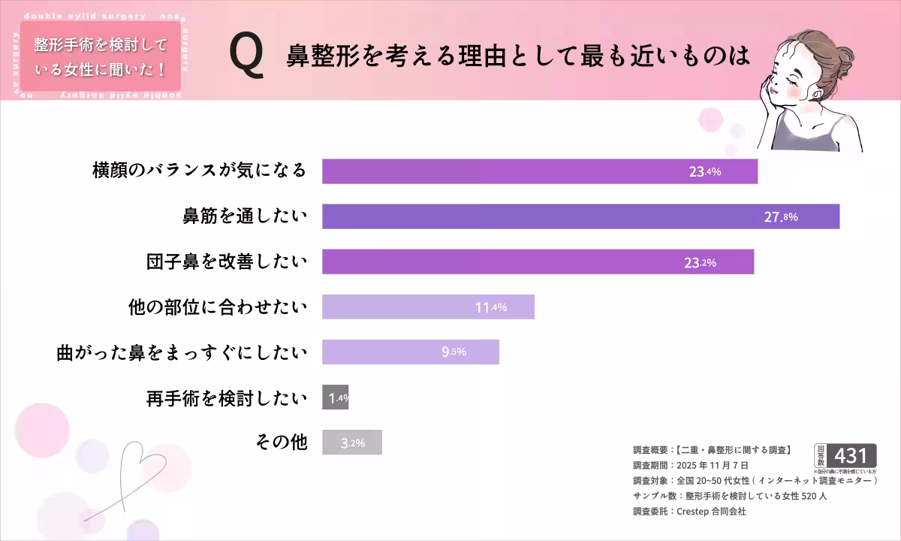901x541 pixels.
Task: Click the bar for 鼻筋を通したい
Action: [x=580, y=216]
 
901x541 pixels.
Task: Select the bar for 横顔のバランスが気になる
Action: [x=539, y=171]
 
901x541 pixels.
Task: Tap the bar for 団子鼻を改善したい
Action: [x=538, y=261]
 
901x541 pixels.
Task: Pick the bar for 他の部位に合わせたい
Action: [x=428, y=307]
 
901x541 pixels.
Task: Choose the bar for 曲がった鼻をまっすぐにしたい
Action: [x=410, y=352]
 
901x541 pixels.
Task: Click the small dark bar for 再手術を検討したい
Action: [x=335, y=397]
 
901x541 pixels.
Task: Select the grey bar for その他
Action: [x=352, y=443]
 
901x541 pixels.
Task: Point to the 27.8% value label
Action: [x=781, y=217]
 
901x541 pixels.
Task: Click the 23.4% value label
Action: [x=705, y=171]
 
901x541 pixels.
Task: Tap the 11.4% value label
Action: [x=492, y=307]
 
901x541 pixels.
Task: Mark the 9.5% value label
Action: [x=454, y=352]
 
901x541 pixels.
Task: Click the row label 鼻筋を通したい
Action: [x=245, y=216]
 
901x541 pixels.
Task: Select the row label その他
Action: [x=282, y=442]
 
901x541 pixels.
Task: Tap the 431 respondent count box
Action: [x=854, y=455]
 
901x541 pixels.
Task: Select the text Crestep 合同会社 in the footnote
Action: [x=711, y=511]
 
